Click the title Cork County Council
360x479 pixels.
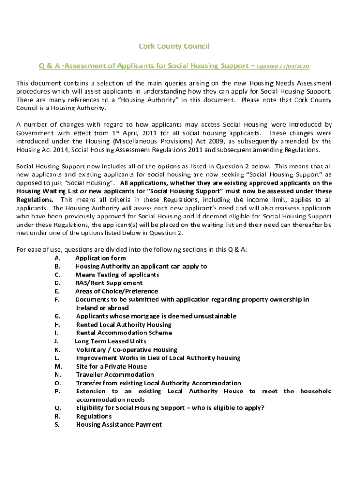pos(174,46)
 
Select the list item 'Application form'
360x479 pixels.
pos(101,258)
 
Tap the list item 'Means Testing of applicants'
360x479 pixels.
pos(117,275)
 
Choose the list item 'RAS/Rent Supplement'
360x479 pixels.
pos(109,283)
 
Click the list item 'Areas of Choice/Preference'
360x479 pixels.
pos(116,291)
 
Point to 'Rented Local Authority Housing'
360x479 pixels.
pos(124,325)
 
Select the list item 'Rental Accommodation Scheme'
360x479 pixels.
pos(124,333)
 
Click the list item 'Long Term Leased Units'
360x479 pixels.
pos(110,341)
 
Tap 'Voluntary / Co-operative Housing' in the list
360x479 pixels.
pos(127,350)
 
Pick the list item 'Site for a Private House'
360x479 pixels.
pos(111,367)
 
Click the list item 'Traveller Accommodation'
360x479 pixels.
pos(115,375)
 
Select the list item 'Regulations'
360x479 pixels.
pos(94,416)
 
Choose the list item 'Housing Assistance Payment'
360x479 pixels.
pos(119,425)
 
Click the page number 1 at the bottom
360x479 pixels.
pos(180,456)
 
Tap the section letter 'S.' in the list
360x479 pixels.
pos(57,425)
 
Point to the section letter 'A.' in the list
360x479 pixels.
pos(57,258)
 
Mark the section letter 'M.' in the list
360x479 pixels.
pos(58,367)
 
